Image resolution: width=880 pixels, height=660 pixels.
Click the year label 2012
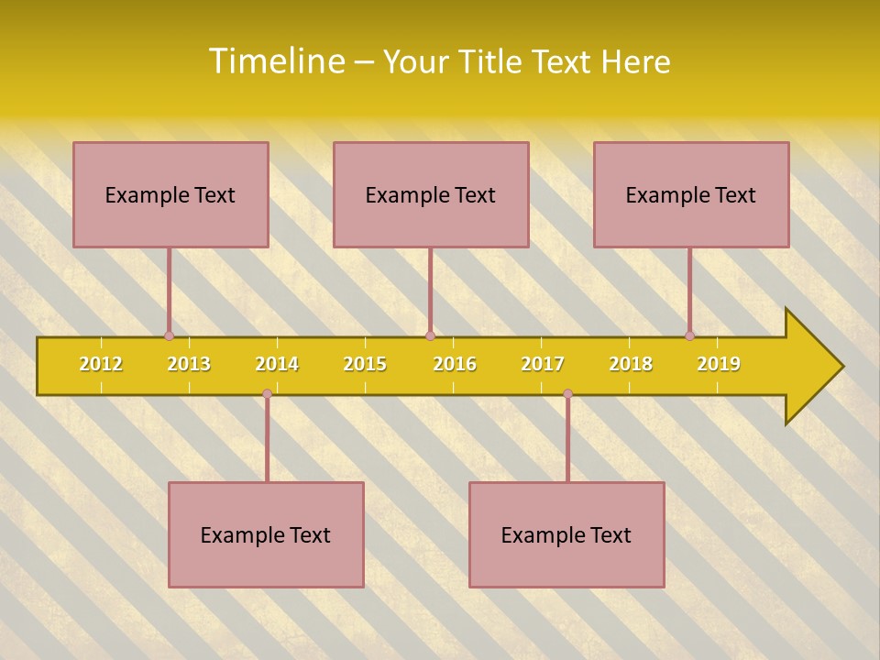101,364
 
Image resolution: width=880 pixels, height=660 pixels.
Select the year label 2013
189,364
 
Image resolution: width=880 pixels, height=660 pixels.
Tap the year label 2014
277,364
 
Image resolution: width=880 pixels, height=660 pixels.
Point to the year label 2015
365,364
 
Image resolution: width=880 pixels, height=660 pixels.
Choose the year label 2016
455,364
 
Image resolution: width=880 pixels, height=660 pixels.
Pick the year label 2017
543,364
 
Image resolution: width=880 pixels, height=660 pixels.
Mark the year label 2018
631,364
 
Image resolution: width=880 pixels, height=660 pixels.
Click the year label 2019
719,364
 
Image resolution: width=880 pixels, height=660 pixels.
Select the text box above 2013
170,194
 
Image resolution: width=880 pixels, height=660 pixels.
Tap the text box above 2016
431,194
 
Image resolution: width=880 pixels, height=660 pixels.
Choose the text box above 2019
691,194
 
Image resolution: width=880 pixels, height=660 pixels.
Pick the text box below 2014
266,534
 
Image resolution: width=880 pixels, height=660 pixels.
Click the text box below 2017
566,534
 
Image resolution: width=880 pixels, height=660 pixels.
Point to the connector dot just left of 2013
169,335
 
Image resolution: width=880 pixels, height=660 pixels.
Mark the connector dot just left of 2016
430,335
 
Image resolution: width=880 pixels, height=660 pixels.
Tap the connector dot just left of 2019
689,335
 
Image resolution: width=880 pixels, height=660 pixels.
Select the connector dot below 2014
267,394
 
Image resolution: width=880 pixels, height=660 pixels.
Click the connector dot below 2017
567,394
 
